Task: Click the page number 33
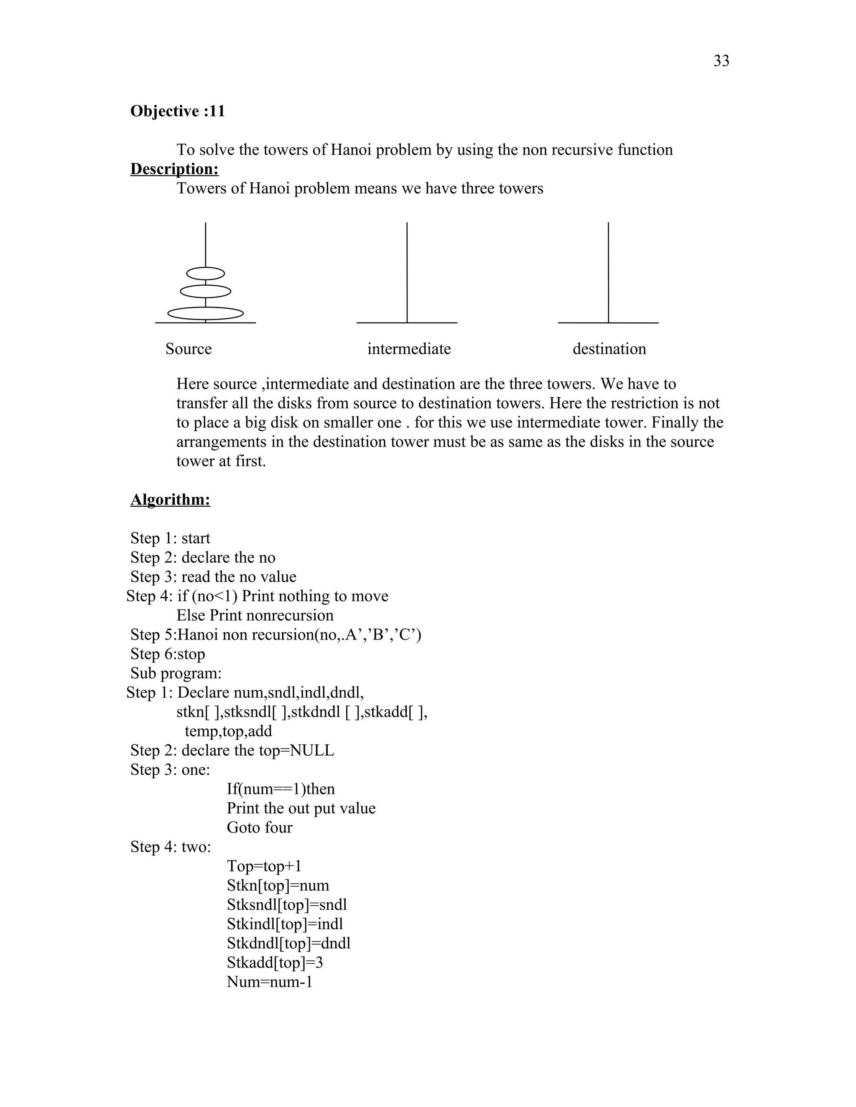721,61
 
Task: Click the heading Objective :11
178,111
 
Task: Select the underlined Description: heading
174,169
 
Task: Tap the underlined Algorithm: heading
171,500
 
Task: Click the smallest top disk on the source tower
205,274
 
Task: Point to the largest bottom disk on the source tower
205,314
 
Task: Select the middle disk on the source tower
205,292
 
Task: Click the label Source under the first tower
188,349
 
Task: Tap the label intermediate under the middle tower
409,349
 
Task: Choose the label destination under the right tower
609,349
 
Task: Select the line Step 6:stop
168,654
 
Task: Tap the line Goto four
259,828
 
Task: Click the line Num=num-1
269,982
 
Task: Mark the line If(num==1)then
280,789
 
